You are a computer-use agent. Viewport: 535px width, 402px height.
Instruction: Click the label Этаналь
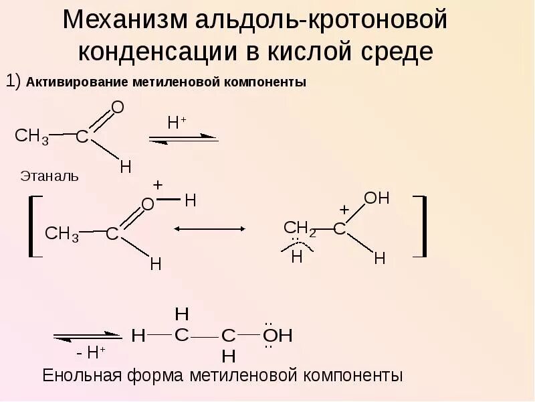49,177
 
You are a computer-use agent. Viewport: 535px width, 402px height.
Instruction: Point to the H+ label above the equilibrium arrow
177,123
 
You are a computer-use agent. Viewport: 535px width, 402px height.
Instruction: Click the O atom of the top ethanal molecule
118,107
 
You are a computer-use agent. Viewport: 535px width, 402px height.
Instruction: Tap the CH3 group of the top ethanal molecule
31,137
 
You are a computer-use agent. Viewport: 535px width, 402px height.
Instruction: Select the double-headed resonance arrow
209,228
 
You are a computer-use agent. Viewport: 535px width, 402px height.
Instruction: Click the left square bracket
33,226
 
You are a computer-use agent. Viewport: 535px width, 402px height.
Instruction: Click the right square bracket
421,226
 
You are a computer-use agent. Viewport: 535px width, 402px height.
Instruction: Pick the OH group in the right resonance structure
377,198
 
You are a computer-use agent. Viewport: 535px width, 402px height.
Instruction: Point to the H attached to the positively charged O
190,200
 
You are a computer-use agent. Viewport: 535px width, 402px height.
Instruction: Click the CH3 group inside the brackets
62,234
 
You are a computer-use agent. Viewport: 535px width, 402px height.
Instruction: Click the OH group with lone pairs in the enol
276,336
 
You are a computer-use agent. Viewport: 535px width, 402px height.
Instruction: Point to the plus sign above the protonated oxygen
158,185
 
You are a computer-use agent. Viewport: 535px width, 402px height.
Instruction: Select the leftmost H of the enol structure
138,336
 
